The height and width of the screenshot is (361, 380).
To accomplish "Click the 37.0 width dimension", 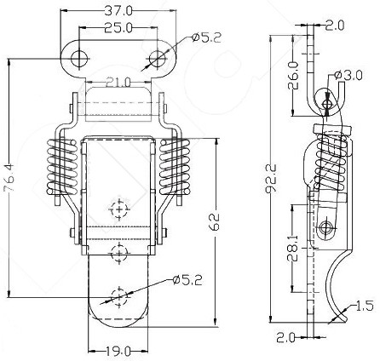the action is (x=118, y=10).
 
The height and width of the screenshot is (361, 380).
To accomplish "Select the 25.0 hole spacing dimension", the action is (x=118, y=27).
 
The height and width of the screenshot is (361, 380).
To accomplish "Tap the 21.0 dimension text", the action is (x=118, y=83).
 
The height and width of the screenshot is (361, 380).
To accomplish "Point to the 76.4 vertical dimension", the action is (x=10, y=178).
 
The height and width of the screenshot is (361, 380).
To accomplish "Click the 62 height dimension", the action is (x=215, y=222).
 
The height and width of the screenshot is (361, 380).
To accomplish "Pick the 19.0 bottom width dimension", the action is (x=118, y=352).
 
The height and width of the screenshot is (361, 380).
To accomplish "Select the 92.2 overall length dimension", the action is (x=271, y=179).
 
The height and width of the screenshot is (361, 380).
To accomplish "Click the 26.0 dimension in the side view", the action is (x=294, y=75).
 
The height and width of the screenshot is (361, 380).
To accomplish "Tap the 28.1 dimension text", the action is (x=292, y=248).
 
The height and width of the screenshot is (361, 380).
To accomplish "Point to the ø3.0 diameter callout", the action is (x=348, y=75).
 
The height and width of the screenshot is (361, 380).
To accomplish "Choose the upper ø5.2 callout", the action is (x=206, y=37).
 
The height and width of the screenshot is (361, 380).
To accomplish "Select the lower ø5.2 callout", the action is (x=187, y=280).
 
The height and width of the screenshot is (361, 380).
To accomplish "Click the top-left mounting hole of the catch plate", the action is (x=79, y=59).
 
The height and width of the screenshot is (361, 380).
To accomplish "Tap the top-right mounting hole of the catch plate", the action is (x=158, y=59).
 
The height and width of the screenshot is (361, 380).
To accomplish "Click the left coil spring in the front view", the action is (x=62, y=167).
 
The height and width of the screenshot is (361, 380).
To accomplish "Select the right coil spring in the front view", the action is (x=175, y=167).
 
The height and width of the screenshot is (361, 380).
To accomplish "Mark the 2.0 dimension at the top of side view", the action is (x=335, y=25).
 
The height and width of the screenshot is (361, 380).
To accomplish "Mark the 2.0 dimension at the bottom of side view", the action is (x=286, y=338).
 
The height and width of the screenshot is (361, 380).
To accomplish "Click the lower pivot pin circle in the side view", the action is (x=325, y=227).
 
